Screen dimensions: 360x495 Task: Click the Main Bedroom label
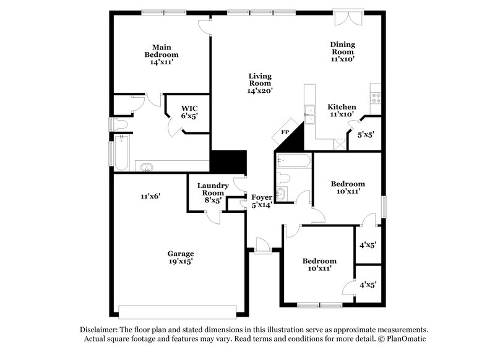162,54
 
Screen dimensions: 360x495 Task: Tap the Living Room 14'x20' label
260,84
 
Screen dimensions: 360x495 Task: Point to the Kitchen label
342,110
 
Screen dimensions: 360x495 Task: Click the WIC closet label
189,111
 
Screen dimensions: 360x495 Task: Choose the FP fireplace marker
285,132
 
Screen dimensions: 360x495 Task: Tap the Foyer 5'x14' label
261,201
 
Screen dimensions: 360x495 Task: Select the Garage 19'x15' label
181,257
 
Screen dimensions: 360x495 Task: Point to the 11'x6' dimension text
150,196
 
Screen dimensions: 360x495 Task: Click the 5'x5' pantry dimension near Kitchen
366,134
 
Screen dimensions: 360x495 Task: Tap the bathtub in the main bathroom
121,155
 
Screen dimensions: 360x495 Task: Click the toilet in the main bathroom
120,125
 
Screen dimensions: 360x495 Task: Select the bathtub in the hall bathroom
293,161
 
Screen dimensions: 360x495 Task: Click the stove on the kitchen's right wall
375,96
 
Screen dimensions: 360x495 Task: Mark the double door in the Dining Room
345,17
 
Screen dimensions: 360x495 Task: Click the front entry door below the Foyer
263,247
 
